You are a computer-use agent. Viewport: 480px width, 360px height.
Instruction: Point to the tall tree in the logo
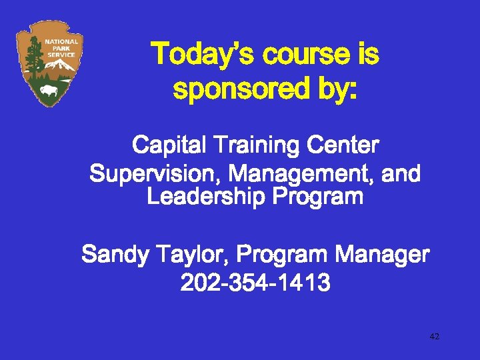(x=32, y=60)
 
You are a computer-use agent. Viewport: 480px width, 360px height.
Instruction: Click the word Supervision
(x=155, y=175)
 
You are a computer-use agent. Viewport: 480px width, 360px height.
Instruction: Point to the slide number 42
(x=434, y=337)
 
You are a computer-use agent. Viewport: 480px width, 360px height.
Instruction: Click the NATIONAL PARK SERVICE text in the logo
(x=61, y=48)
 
